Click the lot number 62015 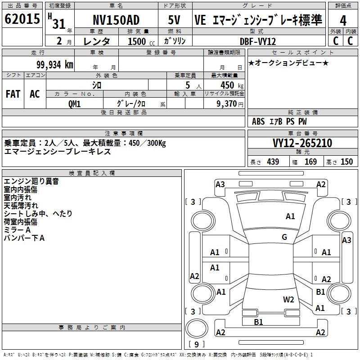click(x=22, y=19)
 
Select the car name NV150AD click(x=116, y=20)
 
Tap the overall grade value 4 click(x=343, y=21)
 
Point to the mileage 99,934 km click(x=55, y=65)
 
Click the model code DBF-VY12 click(x=258, y=41)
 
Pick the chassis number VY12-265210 click(x=302, y=143)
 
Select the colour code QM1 click(x=74, y=104)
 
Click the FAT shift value click(x=13, y=94)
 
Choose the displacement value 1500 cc click(x=141, y=41)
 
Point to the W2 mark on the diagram click(x=288, y=300)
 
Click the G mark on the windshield click(x=284, y=237)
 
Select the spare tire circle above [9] click(x=197, y=328)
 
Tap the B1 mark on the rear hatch click(x=258, y=322)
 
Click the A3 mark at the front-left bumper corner click(x=220, y=184)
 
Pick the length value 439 click(x=273, y=162)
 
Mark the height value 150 click(x=346, y=162)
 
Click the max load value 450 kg click(x=232, y=85)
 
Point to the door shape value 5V click(x=174, y=20)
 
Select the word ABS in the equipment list click(x=258, y=121)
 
